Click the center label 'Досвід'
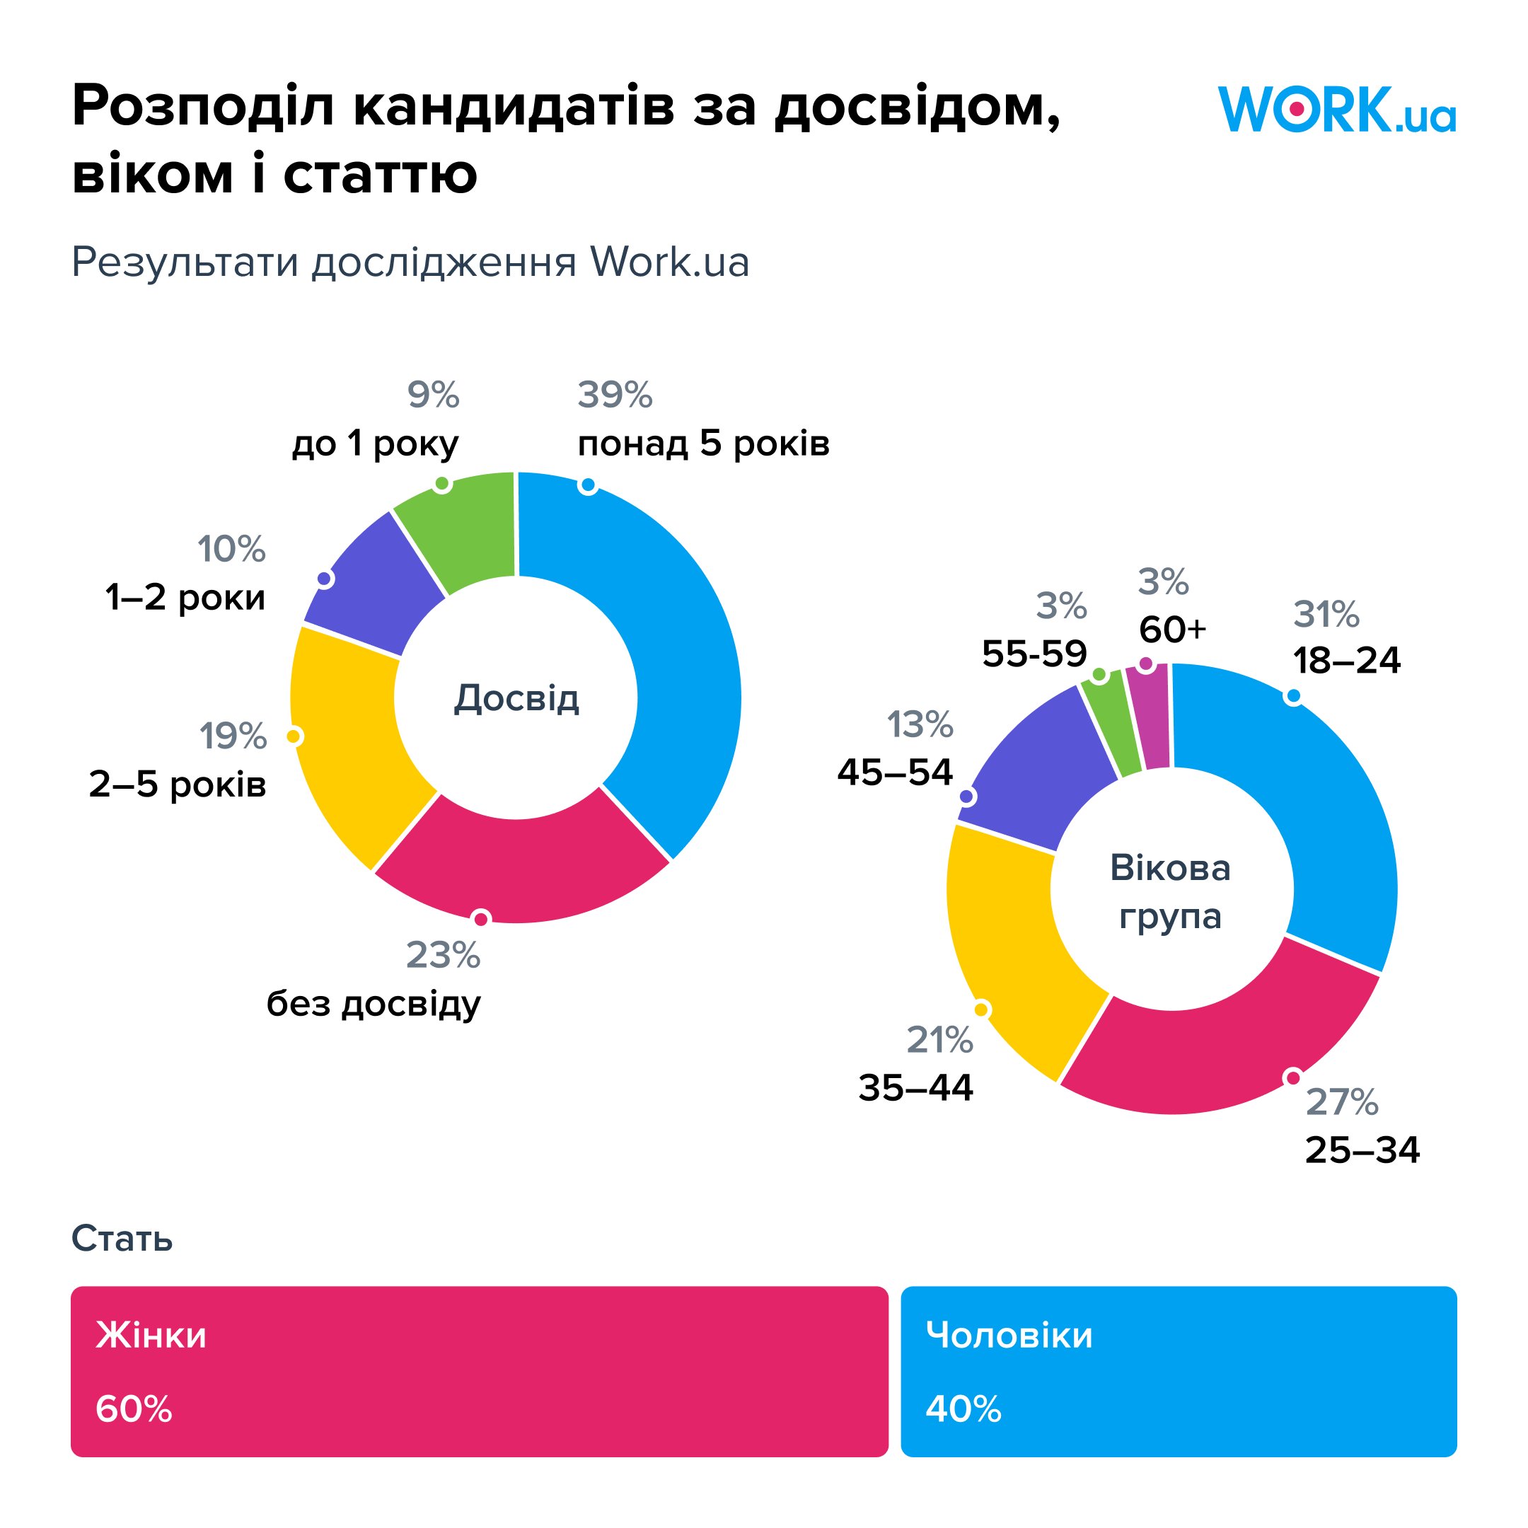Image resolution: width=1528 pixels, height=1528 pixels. [x=516, y=698]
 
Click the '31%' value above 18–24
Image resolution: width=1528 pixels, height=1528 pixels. [x=1326, y=615]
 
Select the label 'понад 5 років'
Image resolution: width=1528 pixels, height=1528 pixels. [x=703, y=444]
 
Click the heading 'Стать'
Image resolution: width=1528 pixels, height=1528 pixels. [x=122, y=1239]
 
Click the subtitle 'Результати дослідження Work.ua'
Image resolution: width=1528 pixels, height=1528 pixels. [x=410, y=262]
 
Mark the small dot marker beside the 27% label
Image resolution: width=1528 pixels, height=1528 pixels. [x=1293, y=1077]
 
